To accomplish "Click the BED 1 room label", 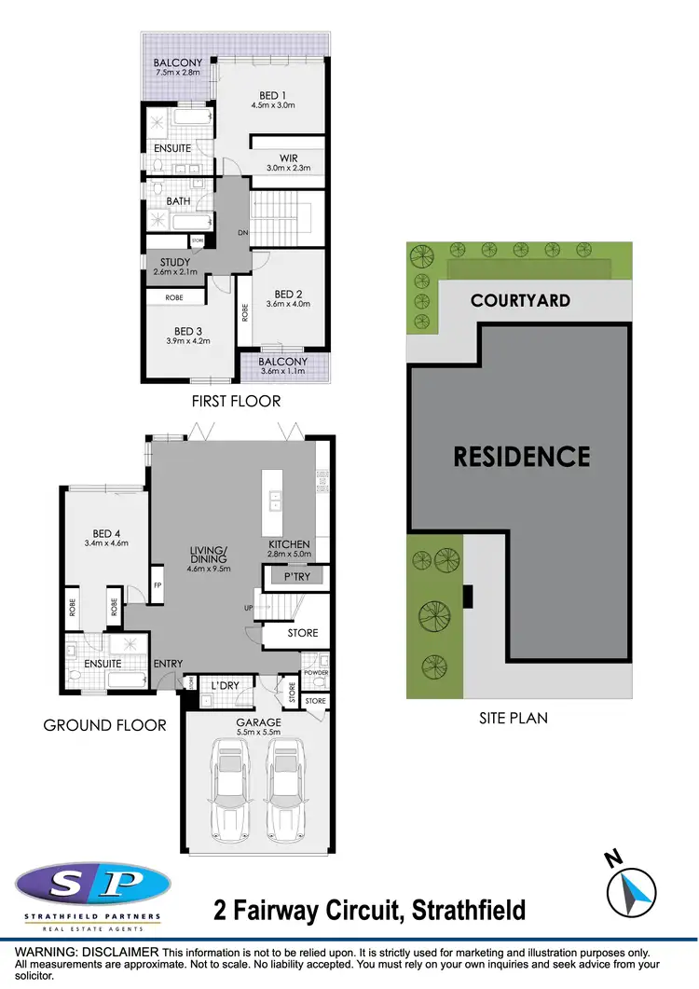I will click(x=272, y=94).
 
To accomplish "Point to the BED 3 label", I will click(x=188, y=331).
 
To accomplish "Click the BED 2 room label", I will click(x=280, y=291).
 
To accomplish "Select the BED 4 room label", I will click(x=104, y=529).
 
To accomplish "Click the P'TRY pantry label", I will click(x=296, y=578).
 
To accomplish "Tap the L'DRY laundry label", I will click(x=226, y=686).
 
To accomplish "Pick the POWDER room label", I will click(x=315, y=672).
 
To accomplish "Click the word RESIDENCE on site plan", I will click(x=522, y=456).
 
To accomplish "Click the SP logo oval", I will click(x=93, y=885).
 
